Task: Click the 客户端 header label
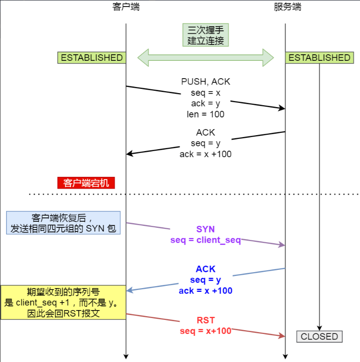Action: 126,7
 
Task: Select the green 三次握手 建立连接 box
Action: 206,35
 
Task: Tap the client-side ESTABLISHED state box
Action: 92,58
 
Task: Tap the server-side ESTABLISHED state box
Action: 319,58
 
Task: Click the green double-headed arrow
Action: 206,58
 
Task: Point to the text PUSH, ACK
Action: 206,81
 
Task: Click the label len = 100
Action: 206,114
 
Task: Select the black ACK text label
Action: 206,132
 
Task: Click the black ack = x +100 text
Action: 206,154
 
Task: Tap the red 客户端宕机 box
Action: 86,183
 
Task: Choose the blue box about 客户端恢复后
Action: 63,223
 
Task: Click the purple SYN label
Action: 206,230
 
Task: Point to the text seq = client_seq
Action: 206,240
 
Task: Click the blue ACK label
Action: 206,269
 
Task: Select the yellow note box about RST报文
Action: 63,302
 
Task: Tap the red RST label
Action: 206,320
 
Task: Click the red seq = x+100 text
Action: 206,331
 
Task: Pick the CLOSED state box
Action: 319,337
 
